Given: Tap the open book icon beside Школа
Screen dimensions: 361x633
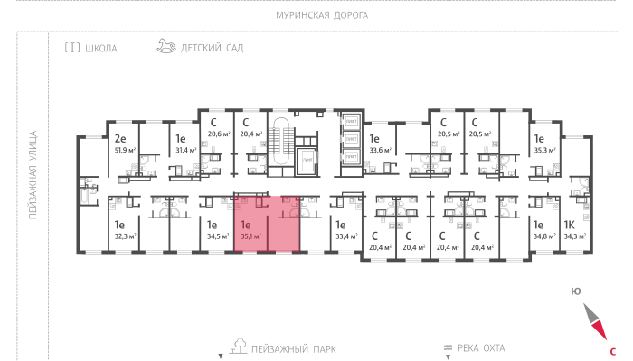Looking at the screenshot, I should point(71,48).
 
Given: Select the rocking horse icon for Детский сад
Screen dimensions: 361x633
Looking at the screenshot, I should point(165,46).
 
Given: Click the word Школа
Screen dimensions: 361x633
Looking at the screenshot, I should point(100,49).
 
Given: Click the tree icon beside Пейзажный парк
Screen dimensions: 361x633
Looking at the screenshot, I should point(241,345).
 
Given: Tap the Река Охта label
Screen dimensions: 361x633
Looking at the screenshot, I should point(481,347).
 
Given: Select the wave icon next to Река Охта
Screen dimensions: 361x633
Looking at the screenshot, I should point(446,347).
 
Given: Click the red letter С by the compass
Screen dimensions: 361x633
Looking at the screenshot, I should point(613,350).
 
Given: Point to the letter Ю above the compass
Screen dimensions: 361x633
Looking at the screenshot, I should point(575,291).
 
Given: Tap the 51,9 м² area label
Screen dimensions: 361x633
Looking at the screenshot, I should point(124,150).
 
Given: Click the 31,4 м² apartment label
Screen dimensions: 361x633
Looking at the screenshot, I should point(185,150).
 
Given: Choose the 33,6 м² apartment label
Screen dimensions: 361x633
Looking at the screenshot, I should point(379,150).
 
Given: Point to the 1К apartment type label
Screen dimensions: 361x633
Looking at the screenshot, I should point(570,225).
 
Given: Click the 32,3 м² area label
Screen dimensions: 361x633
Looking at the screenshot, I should point(124,236).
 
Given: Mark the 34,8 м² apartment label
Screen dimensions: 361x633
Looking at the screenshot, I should point(543,236).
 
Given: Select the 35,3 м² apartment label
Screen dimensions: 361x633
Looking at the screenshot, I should point(543,150).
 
